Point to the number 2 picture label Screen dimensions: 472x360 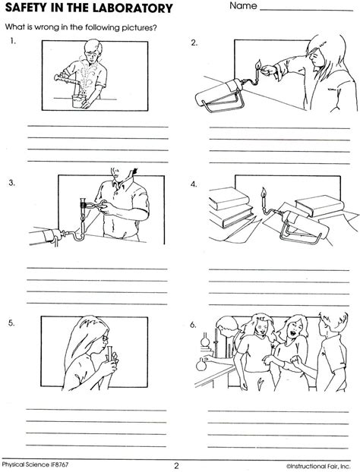coord(194,43)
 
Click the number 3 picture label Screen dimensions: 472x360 coord(14,184)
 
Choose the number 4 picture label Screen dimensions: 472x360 coord(194,184)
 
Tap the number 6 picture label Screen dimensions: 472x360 coord(194,324)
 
